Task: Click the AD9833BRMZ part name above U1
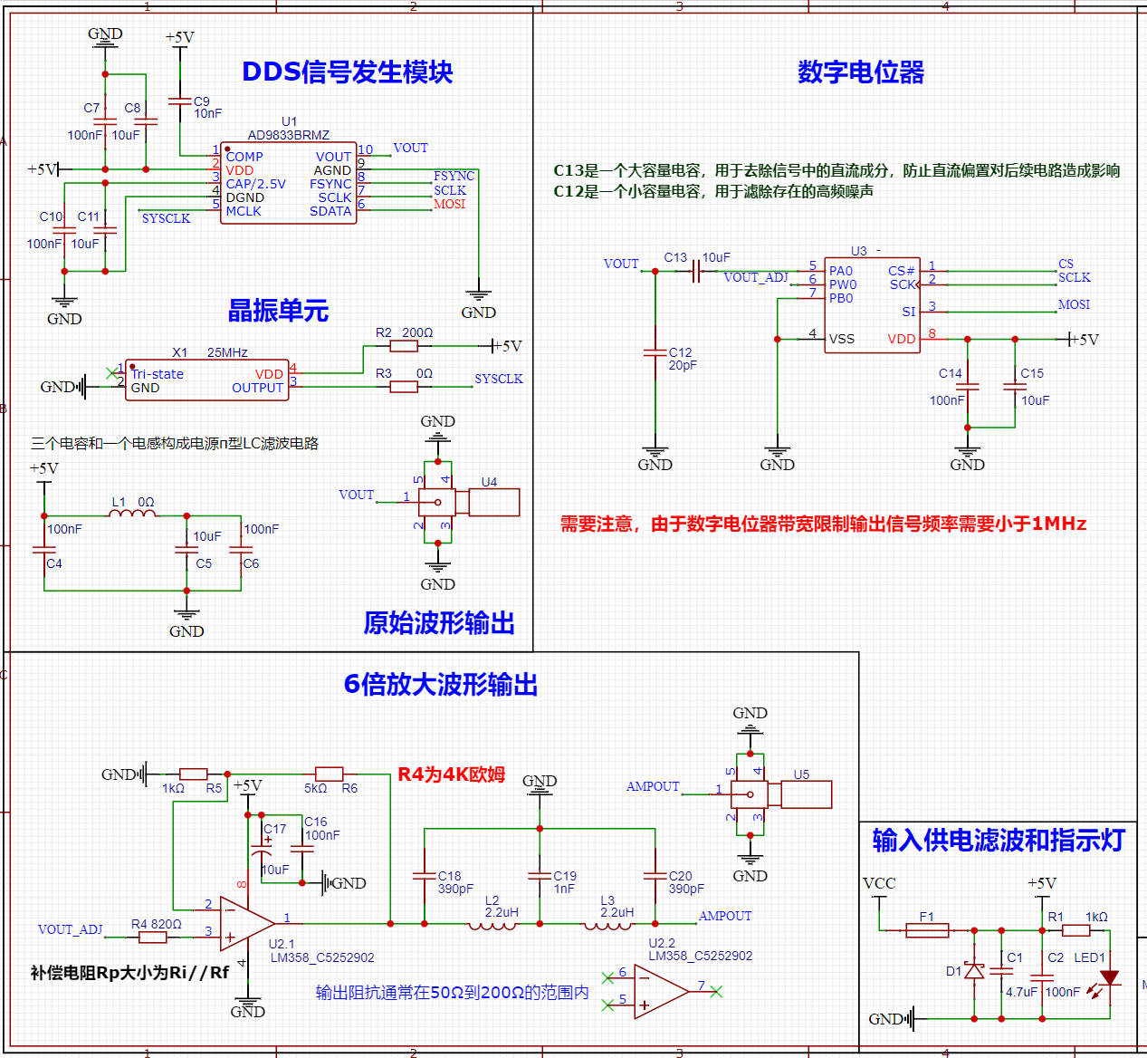click(x=288, y=135)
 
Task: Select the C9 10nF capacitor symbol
click(x=180, y=101)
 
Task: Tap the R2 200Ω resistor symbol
click(x=404, y=346)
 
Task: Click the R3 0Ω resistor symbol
click(x=404, y=387)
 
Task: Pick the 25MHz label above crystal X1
click(x=227, y=352)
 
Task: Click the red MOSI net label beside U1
click(x=449, y=204)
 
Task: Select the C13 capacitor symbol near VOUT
click(x=696, y=271)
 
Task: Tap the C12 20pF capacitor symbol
click(x=655, y=352)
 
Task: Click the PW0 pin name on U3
click(x=843, y=284)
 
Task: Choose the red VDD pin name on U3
click(x=901, y=339)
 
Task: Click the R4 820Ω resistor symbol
click(x=153, y=938)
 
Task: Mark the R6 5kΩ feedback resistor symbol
click(x=330, y=774)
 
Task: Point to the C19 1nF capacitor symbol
click(x=540, y=876)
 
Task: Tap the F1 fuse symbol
click(x=927, y=930)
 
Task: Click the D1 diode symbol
click(x=974, y=971)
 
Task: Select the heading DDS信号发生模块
click(x=347, y=72)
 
